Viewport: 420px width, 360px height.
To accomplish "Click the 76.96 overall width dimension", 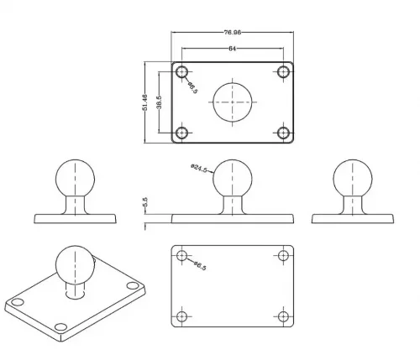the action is coord(233,32).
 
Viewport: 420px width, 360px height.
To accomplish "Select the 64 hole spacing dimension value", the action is coord(233,49).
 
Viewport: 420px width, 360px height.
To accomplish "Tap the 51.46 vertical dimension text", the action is coord(144,102).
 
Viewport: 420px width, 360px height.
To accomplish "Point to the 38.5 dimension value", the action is coord(159,102).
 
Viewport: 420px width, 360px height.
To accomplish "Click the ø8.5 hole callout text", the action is coord(192,87).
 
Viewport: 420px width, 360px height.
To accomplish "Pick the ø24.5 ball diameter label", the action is coord(199,169).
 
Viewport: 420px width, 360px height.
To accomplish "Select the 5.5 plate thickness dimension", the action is coord(145,202).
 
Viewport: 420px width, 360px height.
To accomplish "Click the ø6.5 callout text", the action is coord(200,265).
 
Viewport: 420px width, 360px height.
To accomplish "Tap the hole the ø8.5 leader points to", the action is coord(182,72).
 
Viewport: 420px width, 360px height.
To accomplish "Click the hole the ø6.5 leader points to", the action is coord(182,255).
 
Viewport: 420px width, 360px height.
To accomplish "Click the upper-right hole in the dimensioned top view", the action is coord(283,72).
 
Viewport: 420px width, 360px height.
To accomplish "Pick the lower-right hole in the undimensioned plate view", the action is coord(283,316).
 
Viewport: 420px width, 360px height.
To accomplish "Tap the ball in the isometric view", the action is coord(75,265).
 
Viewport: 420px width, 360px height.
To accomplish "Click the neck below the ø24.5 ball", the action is coord(233,205).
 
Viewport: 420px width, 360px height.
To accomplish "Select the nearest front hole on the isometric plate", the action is coord(60,326).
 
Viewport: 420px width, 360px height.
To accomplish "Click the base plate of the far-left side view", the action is coord(75,219).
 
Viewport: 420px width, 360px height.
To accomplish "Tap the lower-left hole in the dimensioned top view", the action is coord(182,133).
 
